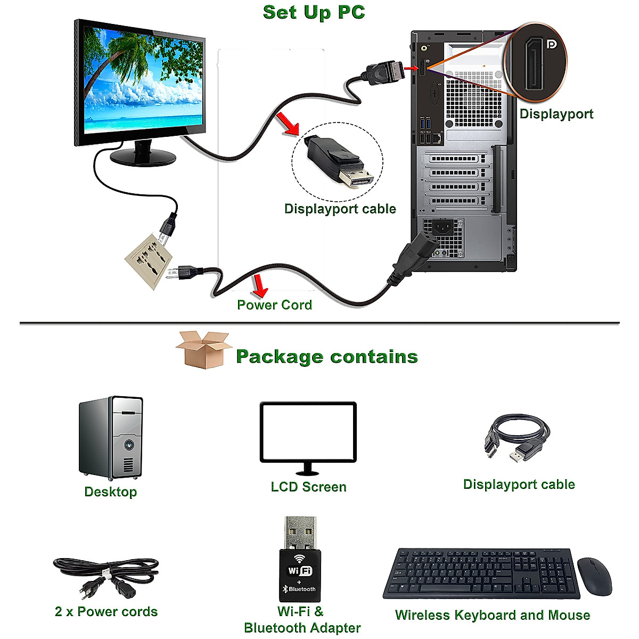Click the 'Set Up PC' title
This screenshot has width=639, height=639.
click(314, 12)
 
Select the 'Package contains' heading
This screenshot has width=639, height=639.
click(326, 356)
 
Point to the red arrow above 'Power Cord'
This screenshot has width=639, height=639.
click(260, 285)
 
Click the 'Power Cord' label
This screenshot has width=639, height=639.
click(274, 305)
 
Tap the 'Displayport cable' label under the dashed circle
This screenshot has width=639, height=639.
click(340, 209)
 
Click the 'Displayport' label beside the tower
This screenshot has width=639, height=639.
click(556, 114)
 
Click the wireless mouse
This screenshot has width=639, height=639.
click(594, 577)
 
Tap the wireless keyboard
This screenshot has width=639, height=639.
click(481, 574)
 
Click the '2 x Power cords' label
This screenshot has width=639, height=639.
click(106, 612)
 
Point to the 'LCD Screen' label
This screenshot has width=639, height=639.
click(308, 487)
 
